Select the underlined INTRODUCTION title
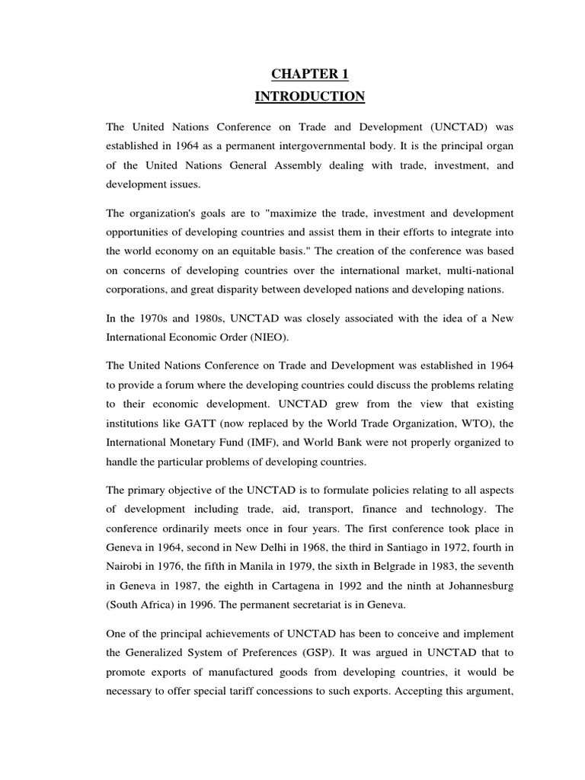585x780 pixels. coord(311,97)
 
